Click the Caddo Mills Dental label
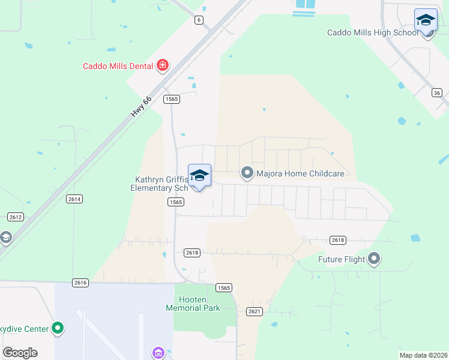tap(118, 66)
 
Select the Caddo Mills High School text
tap(372, 33)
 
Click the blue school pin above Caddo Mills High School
tap(426, 20)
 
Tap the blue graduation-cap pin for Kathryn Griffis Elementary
tap(199, 176)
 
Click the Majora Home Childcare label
tap(300, 174)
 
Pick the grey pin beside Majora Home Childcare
tap(247, 173)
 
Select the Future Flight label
tap(342, 260)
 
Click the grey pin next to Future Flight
tap(374, 259)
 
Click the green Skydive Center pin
tap(58, 328)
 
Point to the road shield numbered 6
tap(199, 20)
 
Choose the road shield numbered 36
tap(437, 92)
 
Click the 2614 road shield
tap(74, 199)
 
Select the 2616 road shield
tap(80, 282)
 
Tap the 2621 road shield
tap(255, 311)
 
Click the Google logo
tap(20, 353)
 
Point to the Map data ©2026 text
tap(423, 355)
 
